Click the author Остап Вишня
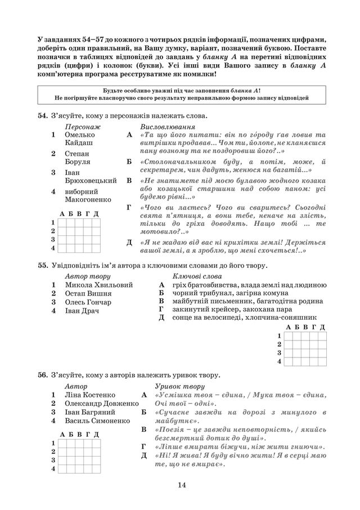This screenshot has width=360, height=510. (x=88, y=293)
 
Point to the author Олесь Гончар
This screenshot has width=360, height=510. (x=88, y=302)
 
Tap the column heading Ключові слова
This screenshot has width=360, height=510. (x=197, y=276)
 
